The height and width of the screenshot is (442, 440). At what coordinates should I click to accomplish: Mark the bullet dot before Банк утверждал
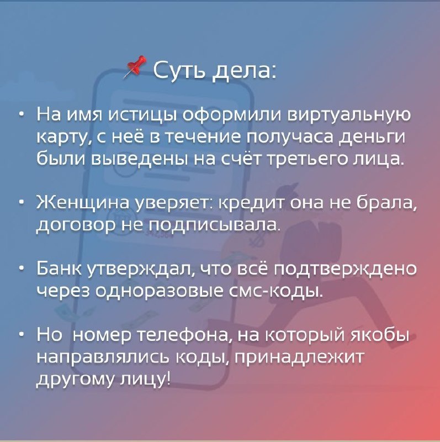click(x=22, y=269)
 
